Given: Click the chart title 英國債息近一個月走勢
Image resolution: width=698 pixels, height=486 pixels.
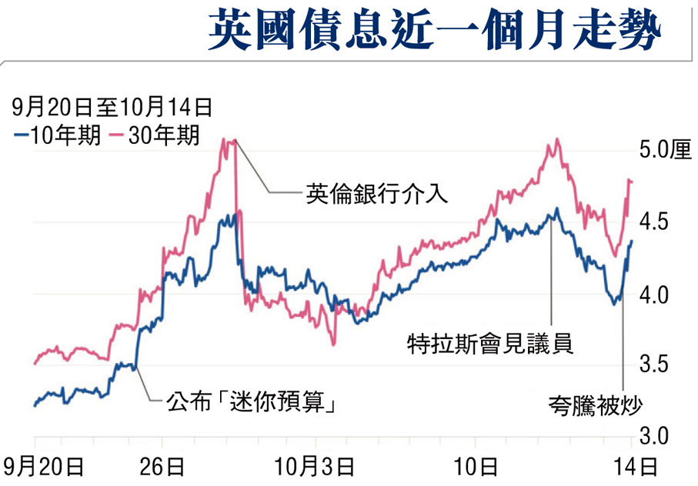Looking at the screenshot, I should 435,32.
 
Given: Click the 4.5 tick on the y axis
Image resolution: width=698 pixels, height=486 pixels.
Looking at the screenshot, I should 646,222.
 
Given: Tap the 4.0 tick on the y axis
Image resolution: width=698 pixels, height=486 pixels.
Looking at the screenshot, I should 646,295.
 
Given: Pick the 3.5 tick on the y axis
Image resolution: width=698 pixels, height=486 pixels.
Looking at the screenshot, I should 646,364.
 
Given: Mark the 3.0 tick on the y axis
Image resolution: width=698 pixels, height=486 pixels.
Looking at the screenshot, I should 646,435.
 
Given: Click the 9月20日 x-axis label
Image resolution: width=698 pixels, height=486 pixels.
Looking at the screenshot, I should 43,465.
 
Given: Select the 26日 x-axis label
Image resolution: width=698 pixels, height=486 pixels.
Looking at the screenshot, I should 162,465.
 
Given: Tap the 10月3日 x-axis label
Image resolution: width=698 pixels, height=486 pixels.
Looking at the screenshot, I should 316,465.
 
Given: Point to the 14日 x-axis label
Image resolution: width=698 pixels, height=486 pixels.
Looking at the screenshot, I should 638,465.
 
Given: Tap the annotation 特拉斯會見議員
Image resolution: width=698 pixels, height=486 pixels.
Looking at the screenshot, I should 490,344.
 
